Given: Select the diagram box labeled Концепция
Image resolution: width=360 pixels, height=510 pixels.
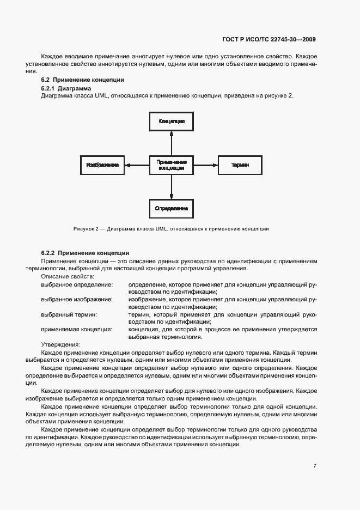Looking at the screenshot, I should [172, 122].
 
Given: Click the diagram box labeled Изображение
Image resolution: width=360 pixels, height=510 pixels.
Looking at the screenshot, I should [102, 165].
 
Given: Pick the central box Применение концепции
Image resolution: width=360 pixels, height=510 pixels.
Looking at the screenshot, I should [172, 165].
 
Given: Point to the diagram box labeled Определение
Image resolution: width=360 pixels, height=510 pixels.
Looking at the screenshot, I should [172, 209].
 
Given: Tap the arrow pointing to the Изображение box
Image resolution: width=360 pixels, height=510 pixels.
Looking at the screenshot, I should [137, 165].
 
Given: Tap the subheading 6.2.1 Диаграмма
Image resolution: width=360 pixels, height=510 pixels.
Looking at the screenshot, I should [66, 88].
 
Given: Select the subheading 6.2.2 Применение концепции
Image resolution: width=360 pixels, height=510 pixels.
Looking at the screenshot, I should [85, 253].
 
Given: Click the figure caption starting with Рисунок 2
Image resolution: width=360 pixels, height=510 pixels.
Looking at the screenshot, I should [171, 229].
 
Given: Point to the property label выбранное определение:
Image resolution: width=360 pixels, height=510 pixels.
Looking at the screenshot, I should [77, 284].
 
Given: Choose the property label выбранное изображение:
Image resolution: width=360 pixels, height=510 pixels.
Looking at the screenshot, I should [77, 299].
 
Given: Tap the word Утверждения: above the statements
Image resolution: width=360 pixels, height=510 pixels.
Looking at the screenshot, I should [60, 344].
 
